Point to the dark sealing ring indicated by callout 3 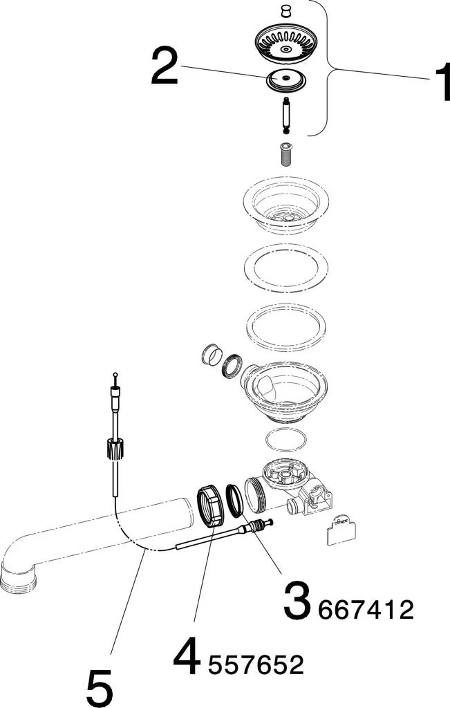click(235, 500)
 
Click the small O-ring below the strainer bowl click(285, 440)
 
